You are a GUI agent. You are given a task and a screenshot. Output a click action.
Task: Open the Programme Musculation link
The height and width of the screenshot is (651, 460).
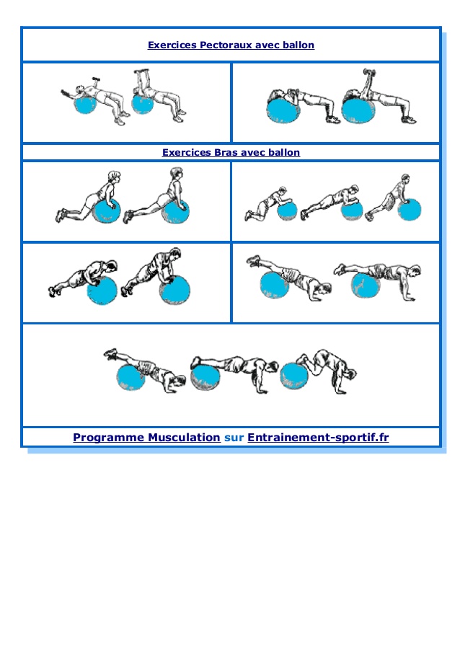point(146,437)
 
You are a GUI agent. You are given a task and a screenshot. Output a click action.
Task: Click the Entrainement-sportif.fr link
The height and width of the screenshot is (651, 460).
point(318,437)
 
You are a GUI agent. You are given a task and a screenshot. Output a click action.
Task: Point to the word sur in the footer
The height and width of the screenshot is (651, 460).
point(234,438)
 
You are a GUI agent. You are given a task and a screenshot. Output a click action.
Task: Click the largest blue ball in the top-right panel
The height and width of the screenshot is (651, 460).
point(358,110)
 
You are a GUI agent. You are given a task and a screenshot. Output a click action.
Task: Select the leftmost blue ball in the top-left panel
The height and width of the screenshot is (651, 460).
point(84,104)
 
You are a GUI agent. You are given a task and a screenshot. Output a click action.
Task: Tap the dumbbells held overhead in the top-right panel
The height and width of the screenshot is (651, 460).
point(368,73)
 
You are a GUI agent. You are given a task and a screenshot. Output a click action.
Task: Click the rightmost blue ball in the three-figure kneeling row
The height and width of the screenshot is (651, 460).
point(410,209)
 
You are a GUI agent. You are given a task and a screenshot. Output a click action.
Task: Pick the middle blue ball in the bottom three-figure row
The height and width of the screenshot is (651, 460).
point(205,376)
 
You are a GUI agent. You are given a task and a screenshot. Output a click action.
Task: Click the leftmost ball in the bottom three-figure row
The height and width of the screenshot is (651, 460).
point(131,377)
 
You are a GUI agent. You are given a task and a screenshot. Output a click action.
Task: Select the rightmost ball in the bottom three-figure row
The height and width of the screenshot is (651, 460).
point(294,376)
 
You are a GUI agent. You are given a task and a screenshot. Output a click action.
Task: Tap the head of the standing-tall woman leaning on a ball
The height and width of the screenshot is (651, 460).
point(177,173)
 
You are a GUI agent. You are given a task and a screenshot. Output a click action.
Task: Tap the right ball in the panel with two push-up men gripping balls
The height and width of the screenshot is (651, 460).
point(174,291)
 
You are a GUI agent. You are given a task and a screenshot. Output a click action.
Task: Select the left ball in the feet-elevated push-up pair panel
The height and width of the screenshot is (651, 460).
point(274,285)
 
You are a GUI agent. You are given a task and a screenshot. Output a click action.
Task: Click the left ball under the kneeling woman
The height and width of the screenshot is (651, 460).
point(106,211)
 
